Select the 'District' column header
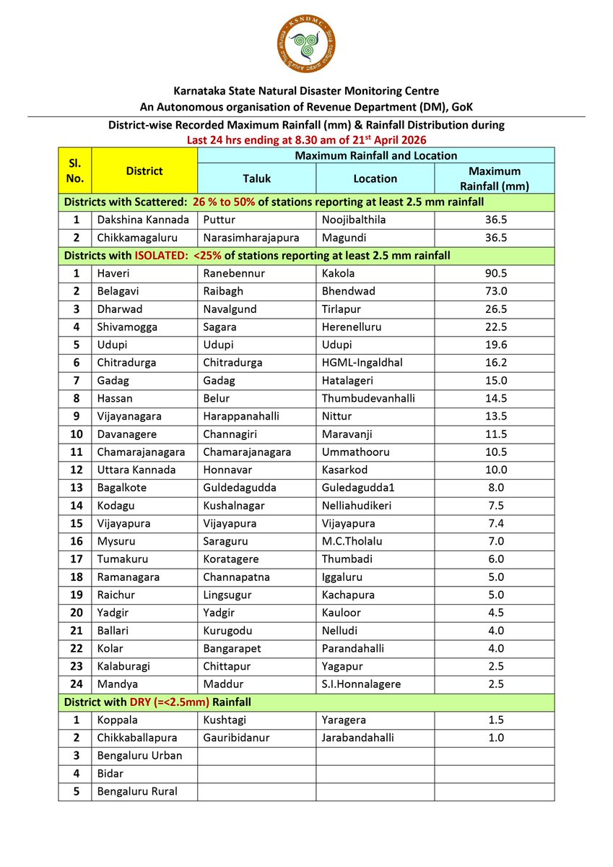click(144, 171)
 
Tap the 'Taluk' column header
click(256, 178)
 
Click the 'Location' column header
click(375, 178)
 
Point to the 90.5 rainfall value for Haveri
click(494, 274)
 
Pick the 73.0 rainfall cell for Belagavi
click(494, 292)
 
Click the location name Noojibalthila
click(357, 220)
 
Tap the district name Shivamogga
click(127, 327)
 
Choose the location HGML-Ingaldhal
click(362, 363)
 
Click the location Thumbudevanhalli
click(368, 398)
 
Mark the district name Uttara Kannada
click(136, 470)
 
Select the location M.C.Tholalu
click(353, 541)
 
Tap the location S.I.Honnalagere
click(361, 684)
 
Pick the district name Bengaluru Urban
click(139, 756)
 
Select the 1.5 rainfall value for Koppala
click(494, 720)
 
